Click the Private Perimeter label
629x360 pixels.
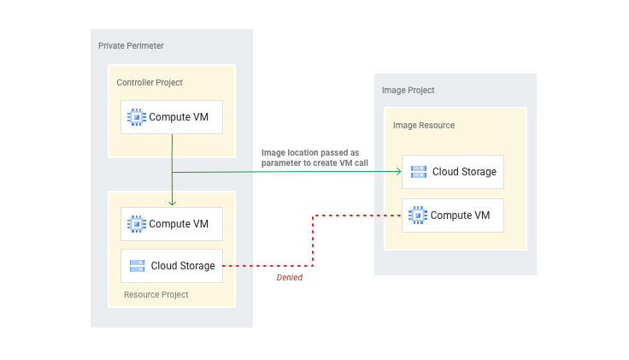(131, 45)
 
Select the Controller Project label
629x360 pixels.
(150, 82)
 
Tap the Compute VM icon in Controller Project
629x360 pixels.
(136, 117)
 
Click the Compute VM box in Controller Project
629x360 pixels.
(172, 117)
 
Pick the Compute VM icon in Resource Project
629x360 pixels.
(136, 224)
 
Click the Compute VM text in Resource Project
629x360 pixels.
(179, 224)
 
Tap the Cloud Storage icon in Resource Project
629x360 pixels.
(137, 266)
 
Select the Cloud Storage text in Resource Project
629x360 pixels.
(183, 266)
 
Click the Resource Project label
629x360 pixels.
(156, 294)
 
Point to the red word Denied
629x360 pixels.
(289, 277)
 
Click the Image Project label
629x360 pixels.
(409, 90)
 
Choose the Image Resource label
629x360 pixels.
(424, 125)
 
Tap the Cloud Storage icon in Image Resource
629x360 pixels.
(418, 172)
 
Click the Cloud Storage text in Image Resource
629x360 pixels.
(464, 172)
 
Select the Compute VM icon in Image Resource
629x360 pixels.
(417, 215)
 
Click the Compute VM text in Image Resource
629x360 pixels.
(460, 215)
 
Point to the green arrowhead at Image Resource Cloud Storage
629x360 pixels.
(397, 172)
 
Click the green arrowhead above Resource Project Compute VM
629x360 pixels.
(173, 203)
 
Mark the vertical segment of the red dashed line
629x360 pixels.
(314, 240)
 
